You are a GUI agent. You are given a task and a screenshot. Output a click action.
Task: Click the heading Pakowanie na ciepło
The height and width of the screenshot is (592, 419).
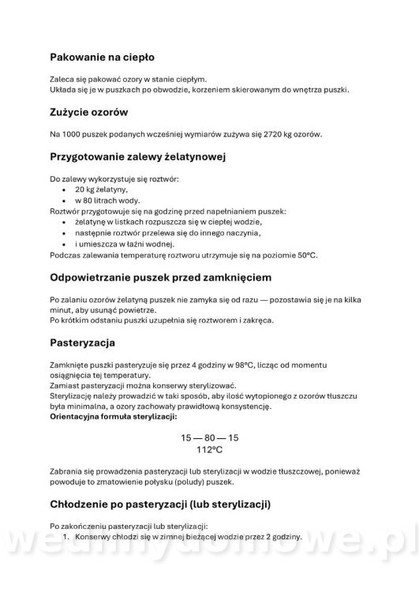coord(102,57)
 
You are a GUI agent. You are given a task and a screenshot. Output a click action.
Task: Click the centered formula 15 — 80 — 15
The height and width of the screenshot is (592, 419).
coord(209,437)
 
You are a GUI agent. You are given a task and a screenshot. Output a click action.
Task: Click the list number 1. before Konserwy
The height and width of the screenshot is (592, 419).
coord(67,537)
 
